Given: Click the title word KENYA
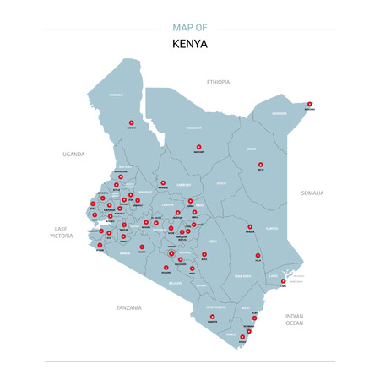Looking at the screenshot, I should click(190, 44).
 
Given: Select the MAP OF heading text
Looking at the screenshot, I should click(190, 28).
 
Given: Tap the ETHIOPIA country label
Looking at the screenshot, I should click(219, 82).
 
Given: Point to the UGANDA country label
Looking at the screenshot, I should click(74, 155).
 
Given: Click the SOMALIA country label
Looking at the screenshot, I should click(312, 193).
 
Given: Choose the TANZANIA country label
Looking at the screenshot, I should click(128, 308).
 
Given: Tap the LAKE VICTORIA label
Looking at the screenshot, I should click(61, 232).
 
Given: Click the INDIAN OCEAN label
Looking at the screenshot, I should click(295, 319).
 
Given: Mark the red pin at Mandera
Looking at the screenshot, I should click(310, 104).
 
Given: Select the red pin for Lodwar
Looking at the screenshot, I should click(131, 123).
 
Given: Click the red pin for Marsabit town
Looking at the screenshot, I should click(199, 147).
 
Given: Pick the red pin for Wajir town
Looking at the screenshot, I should click(260, 164).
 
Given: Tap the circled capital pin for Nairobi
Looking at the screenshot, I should click(171, 252).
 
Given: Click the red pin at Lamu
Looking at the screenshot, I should click(283, 280).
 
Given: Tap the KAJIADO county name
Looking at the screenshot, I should click(176, 285).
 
